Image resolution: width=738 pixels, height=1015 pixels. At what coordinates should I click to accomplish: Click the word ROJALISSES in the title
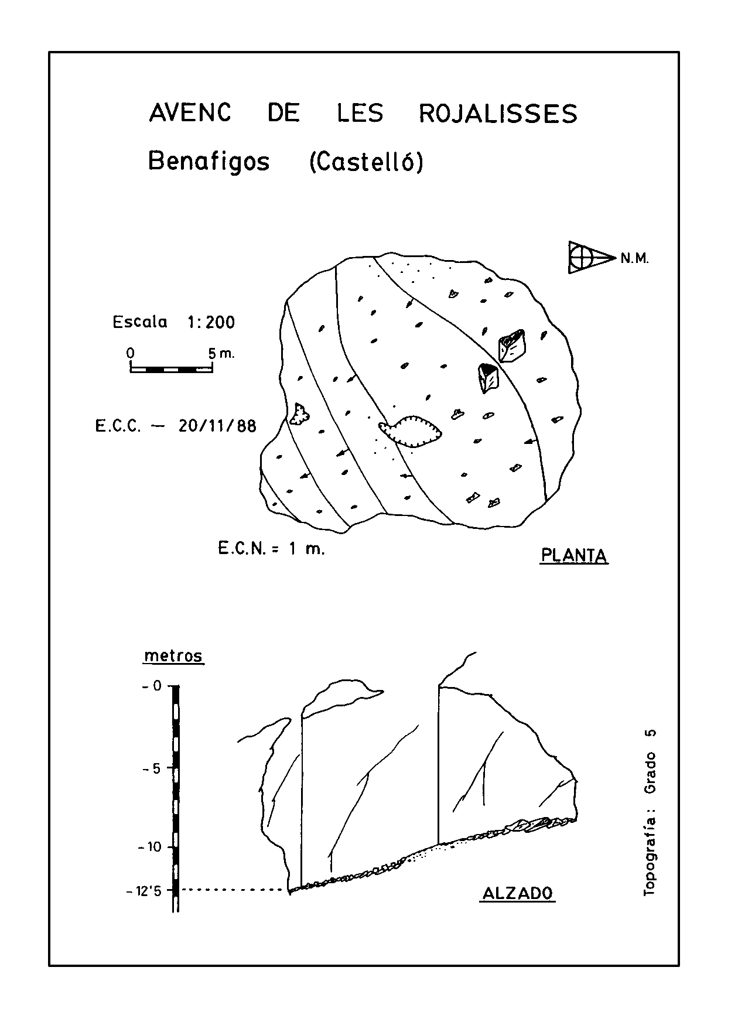(498, 114)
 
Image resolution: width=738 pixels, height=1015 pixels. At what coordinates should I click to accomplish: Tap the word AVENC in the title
(190, 113)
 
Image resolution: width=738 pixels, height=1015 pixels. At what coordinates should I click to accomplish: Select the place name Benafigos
(209, 161)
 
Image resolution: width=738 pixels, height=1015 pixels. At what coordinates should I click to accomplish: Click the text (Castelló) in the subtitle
(365, 162)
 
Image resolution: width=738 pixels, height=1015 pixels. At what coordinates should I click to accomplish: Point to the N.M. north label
(635, 258)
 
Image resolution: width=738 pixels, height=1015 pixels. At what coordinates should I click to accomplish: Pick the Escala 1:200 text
(174, 322)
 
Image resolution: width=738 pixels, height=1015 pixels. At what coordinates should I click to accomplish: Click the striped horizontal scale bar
(171, 369)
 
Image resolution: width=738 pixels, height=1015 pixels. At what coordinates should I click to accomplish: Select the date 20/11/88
(218, 426)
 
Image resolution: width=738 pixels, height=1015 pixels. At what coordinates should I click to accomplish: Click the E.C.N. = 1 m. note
(271, 549)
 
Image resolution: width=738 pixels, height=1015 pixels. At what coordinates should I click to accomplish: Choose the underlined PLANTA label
(574, 556)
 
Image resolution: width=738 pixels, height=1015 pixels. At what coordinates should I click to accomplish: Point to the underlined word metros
(173, 657)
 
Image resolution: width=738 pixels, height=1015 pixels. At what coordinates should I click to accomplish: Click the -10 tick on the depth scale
(149, 847)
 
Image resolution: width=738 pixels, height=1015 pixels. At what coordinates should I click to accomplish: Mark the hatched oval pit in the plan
(411, 432)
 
